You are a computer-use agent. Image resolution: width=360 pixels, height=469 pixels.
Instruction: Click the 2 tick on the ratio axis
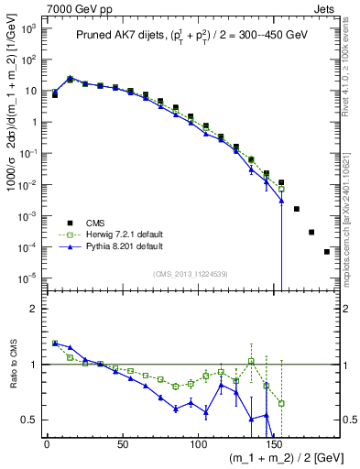click(31, 309)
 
